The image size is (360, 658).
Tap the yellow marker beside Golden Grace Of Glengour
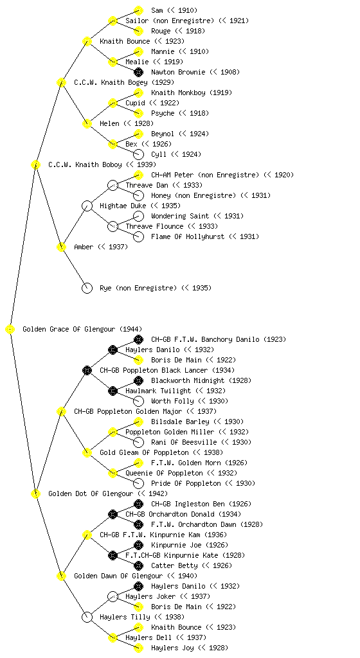pos(10,329)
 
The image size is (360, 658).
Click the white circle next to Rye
pos(87,288)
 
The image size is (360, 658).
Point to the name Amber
pos(84,247)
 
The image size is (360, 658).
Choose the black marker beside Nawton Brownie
pos(138,72)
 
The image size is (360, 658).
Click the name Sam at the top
pos(157,10)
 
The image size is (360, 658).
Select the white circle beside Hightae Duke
pos(87,206)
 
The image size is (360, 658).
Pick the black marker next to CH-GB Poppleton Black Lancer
pos(87,370)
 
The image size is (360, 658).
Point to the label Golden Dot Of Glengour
pos(91,493)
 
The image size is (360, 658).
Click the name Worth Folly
pos(172,401)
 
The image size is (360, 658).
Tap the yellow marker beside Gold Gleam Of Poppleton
pos(87,452)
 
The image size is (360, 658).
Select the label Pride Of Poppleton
pos(186,483)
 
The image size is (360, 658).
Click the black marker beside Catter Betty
pos(138,565)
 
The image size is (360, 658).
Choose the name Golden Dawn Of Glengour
pos(118,576)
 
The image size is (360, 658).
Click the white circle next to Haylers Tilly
pos(87,617)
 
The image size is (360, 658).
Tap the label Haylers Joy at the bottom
pos(172,648)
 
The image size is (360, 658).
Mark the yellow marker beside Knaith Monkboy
pos(138,93)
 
